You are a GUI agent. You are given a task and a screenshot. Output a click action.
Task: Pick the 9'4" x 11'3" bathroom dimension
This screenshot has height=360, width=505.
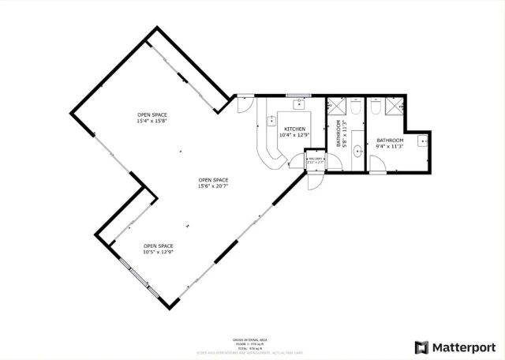[x=389, y=146]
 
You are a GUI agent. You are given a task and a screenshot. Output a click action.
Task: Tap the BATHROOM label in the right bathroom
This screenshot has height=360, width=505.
[x=389, y=140]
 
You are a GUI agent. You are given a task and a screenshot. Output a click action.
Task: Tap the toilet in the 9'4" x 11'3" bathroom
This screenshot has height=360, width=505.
[x=376, y=106]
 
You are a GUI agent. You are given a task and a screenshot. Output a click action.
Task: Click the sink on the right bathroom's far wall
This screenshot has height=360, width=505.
[x=422, y=142]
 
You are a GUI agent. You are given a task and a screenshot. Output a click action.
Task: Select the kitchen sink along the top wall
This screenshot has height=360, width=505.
[x=300, y=103]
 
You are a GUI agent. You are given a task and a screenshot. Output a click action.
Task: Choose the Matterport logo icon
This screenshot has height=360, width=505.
[x=422, y=346]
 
